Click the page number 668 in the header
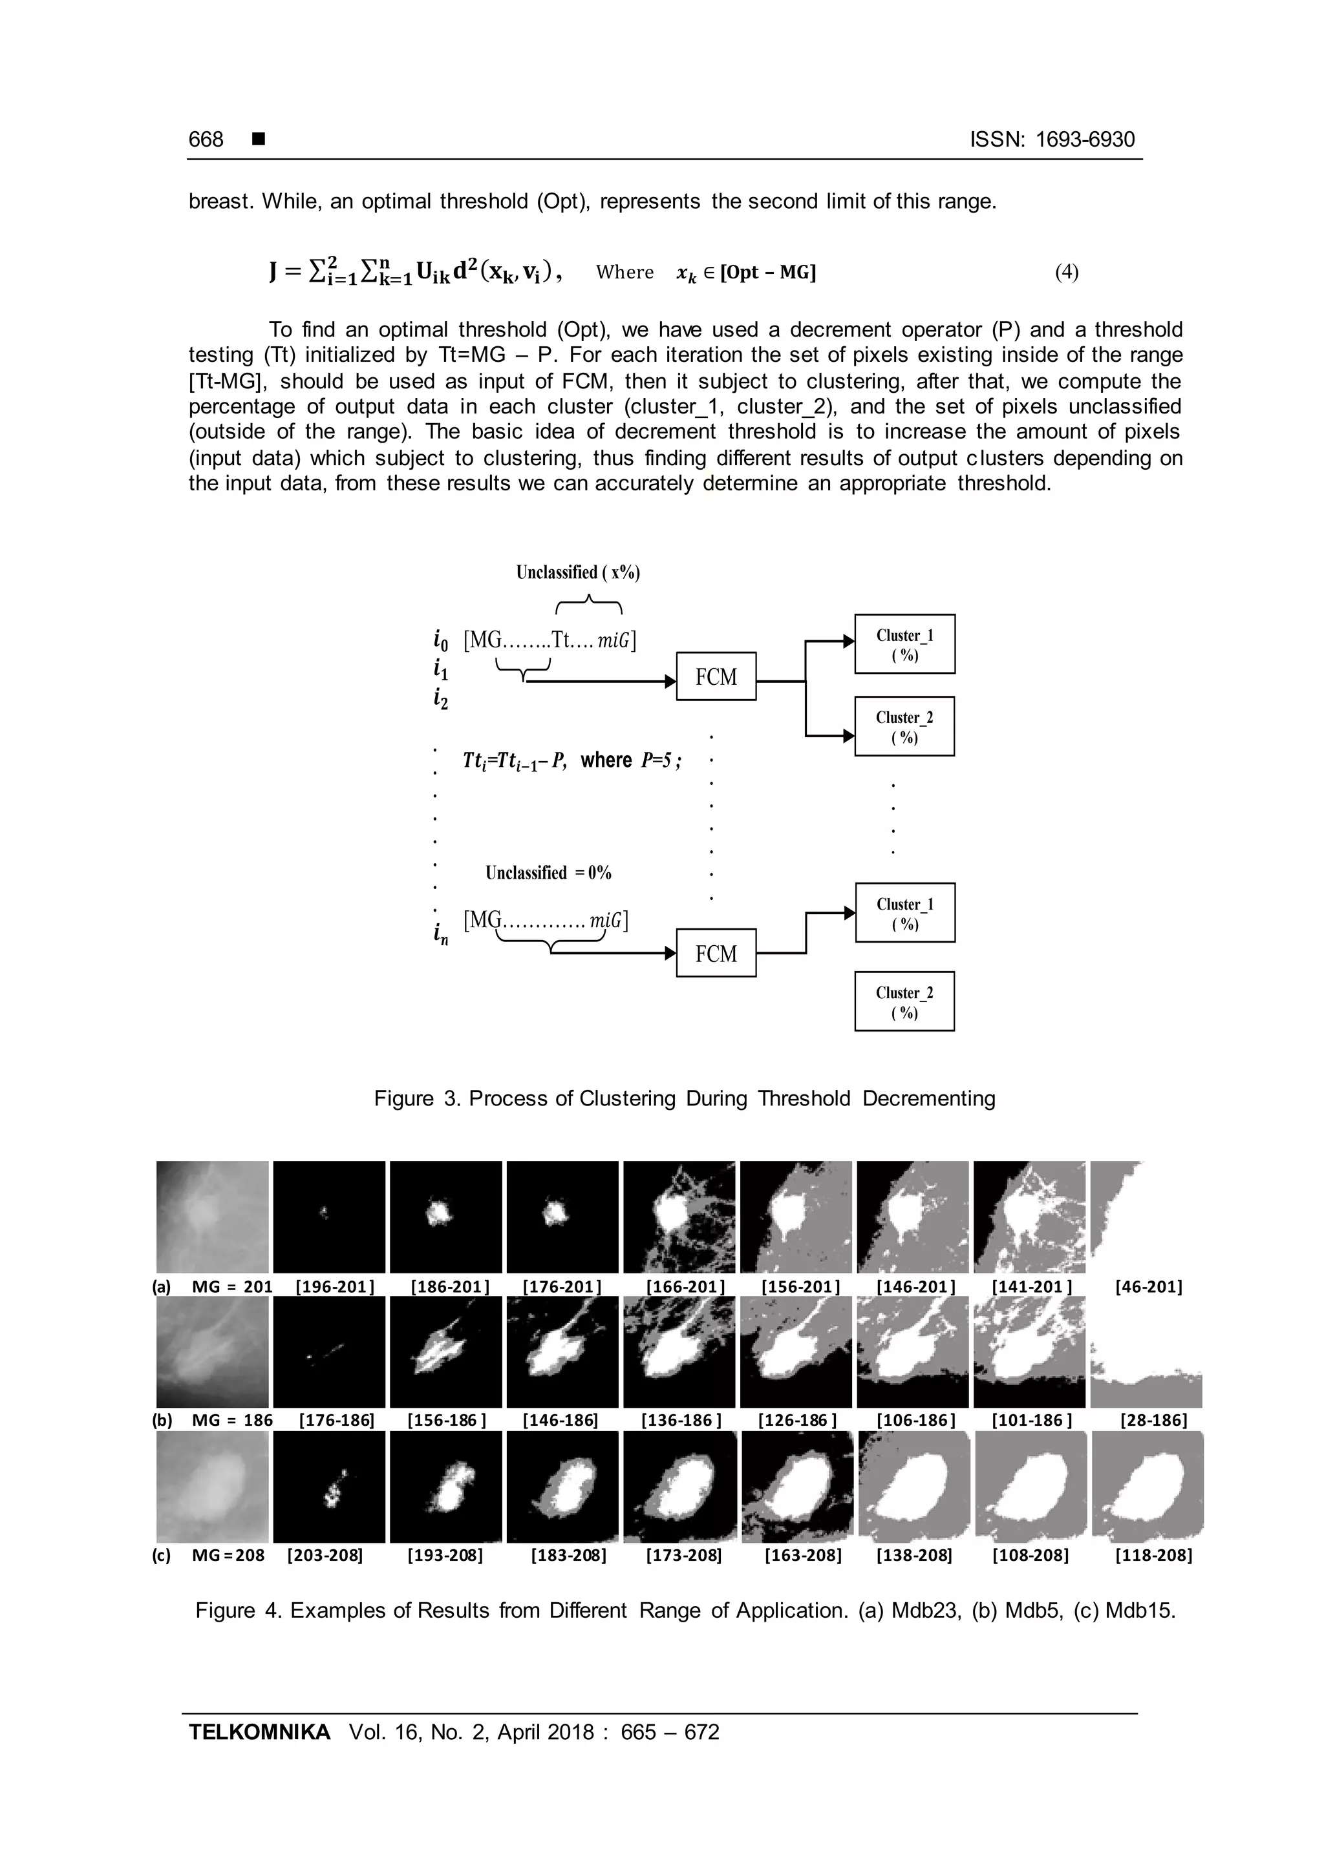tap(206, 140)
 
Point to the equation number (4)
tap(1066, 272)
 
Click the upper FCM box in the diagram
tap(716, 676)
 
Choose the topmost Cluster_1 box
tap(904, 643)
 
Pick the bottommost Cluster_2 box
tap(904, 1001)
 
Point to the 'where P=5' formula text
tap(630, 760)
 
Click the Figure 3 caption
tap(685, 1098)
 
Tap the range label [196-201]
tap(334, 1287)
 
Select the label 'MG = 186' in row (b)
tap(231, 1420)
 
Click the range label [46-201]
tap(1148, 1287)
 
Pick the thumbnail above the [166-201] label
tap(679, 1217)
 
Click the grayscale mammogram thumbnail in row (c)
tap(213, 1487)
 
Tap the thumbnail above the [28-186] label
tap(1146, 1352)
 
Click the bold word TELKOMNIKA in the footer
tap(259, 1731)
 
